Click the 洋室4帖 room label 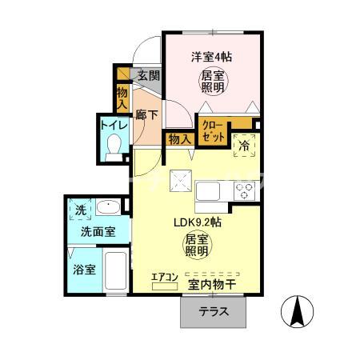[x=211, y=57]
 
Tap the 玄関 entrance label [x=148, y=76]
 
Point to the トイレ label [x=113, y=125]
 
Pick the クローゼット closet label [x=214, y=130]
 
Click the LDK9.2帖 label [x=198, y=223]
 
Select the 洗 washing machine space [x=80, y=210]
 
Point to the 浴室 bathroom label [x=84, y=269]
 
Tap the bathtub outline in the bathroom [x=116, y=273]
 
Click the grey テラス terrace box [x=213, y=312]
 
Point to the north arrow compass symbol [x=297, y=311]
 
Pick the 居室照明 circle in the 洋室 [x=212, y=81]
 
